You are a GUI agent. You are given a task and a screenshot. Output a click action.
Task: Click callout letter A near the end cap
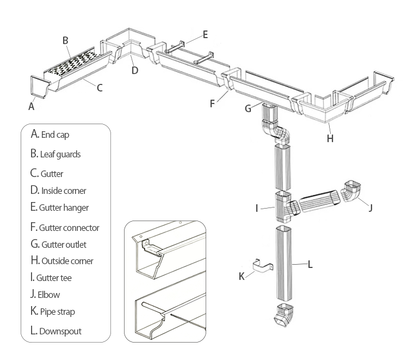[x=31, y=107]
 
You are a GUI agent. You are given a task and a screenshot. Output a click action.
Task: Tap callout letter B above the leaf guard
[x=65, y=40]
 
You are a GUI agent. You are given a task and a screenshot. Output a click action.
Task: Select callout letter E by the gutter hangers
[x=205, y=34]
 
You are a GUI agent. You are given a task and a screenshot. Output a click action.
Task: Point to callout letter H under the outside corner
[x=330, y=138]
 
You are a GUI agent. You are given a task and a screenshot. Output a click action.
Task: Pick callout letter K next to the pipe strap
[x=242, y=276]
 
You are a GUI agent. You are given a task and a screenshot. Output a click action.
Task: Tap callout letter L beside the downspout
[x=310, y=265]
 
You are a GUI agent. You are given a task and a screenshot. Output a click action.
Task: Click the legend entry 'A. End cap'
[x=50, y=134]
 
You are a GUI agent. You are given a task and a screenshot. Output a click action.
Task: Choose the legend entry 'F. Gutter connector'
[x=65, y=227]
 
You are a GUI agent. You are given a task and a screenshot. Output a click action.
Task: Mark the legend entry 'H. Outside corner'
[x=62, y=260]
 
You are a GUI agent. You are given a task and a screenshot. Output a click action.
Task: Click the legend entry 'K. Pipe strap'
[x=53, y=312]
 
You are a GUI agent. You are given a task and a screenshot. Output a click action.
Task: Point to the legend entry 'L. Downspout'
[x=56, y=330]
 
